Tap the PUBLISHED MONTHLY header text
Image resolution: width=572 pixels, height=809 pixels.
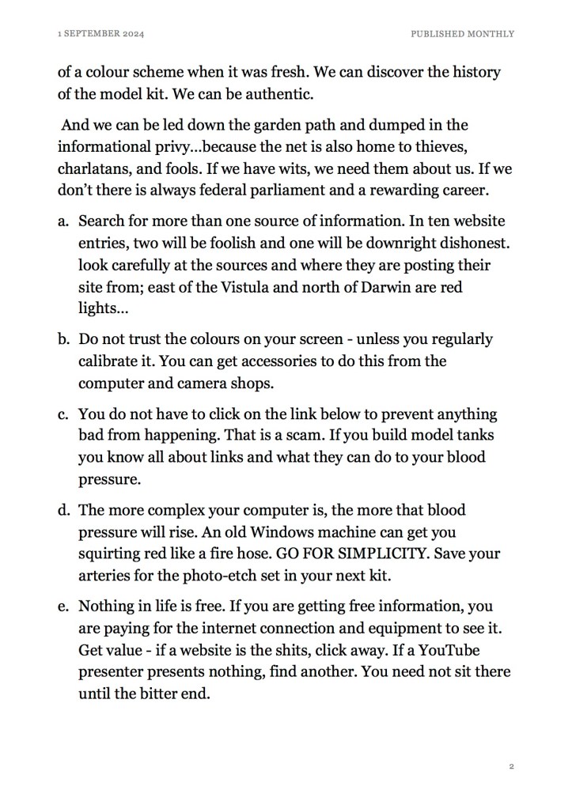pyautogui.click(x=463, y=34)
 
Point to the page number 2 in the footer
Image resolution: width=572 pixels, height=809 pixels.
pyautogui.click(x=512, y=766)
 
